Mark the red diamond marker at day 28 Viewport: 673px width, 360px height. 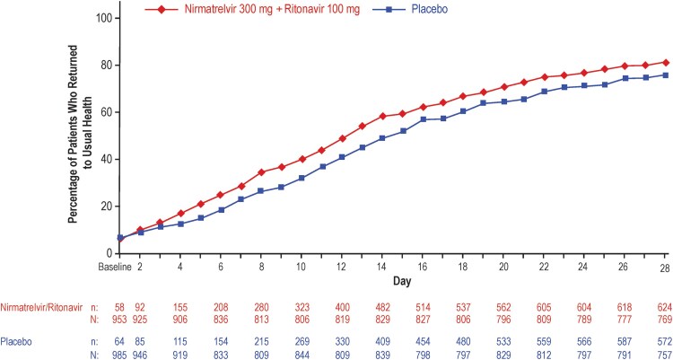tap(663, 62)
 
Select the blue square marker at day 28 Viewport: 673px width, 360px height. tap(663, 75)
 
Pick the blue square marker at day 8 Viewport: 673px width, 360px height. tap(261, 190)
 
